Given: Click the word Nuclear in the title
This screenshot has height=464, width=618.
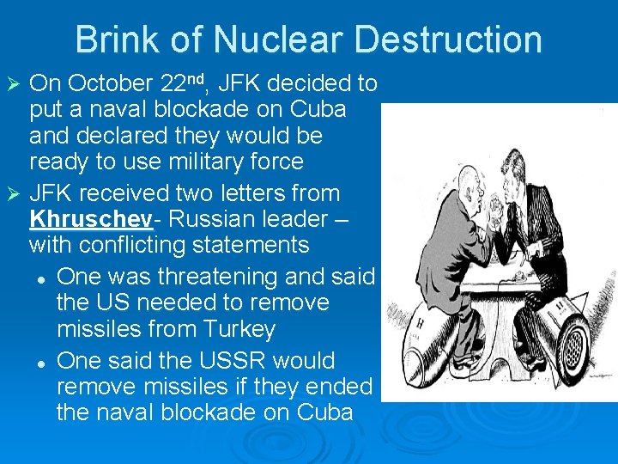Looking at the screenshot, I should tap(279, 40).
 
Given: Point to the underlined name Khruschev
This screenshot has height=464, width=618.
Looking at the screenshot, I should tap(91, 218).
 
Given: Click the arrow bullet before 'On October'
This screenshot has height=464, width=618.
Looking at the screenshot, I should tap(12, 84).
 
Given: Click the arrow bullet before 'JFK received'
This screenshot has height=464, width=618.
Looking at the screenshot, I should tap(12, 193).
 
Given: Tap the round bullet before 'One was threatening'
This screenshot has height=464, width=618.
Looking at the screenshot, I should tap(40, 278).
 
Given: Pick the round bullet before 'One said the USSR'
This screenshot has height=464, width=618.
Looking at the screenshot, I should tap(40, 361).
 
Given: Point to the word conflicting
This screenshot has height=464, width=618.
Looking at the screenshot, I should tap(133, 245).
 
